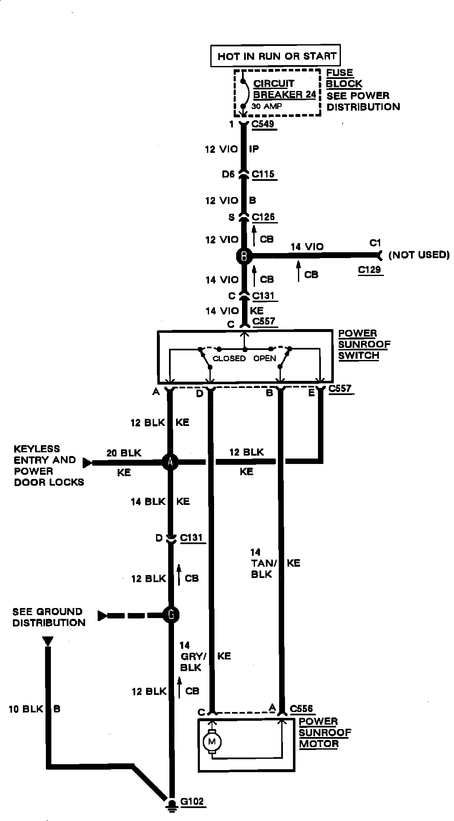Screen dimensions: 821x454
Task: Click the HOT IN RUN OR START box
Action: (277, 56)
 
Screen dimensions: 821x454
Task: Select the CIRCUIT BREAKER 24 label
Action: (284, 89)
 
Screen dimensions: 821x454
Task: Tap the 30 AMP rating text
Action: (266, 106)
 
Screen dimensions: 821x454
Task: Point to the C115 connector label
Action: (263, 174)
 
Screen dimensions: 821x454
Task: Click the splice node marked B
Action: (244, 256)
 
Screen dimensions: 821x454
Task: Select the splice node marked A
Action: (170, 461)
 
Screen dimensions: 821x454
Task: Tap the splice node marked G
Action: (171, 615)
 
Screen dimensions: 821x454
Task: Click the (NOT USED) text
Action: (419, 255)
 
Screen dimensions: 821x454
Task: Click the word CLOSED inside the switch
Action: (229, 358)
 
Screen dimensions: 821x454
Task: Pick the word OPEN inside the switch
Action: (265, 358)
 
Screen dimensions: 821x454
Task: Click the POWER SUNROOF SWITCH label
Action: (364, 345)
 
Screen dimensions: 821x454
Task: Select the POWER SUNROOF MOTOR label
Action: (325, 732)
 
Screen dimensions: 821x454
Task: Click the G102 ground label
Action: (192, 801)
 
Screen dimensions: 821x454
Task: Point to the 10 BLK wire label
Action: (26, 709)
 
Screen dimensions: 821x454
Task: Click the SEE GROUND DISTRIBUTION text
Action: (49, 617)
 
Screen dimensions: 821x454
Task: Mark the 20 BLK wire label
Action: (124, 453)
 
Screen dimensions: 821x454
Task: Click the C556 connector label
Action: (301, 708)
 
